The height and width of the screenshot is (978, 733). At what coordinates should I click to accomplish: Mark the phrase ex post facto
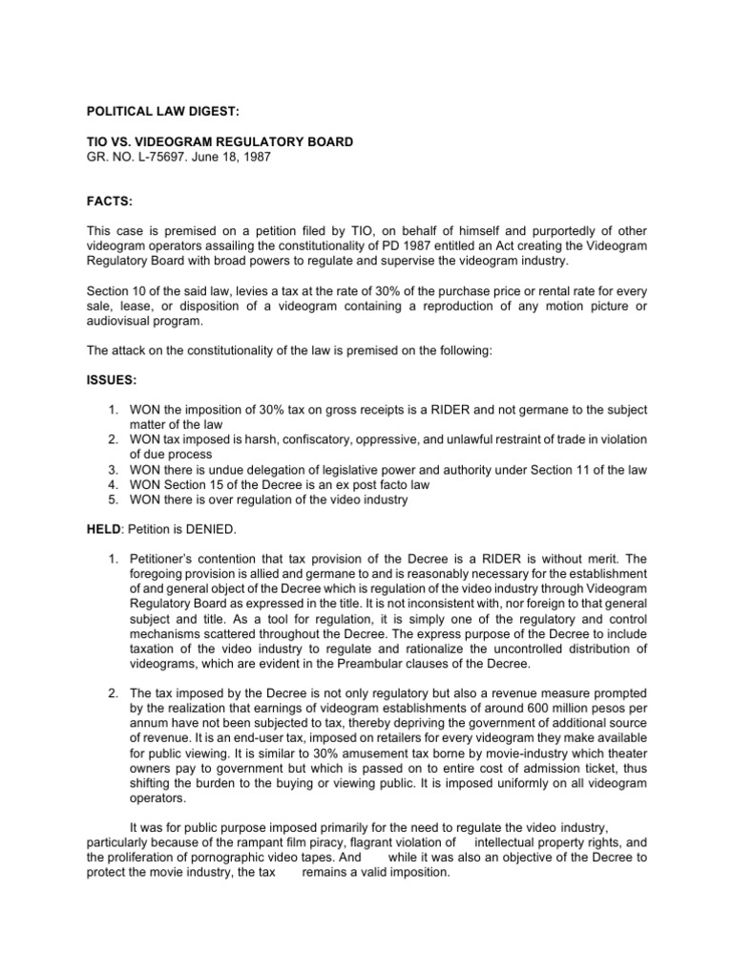pos(353,485)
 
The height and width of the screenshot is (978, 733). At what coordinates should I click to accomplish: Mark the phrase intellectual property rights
pos(548,842)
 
